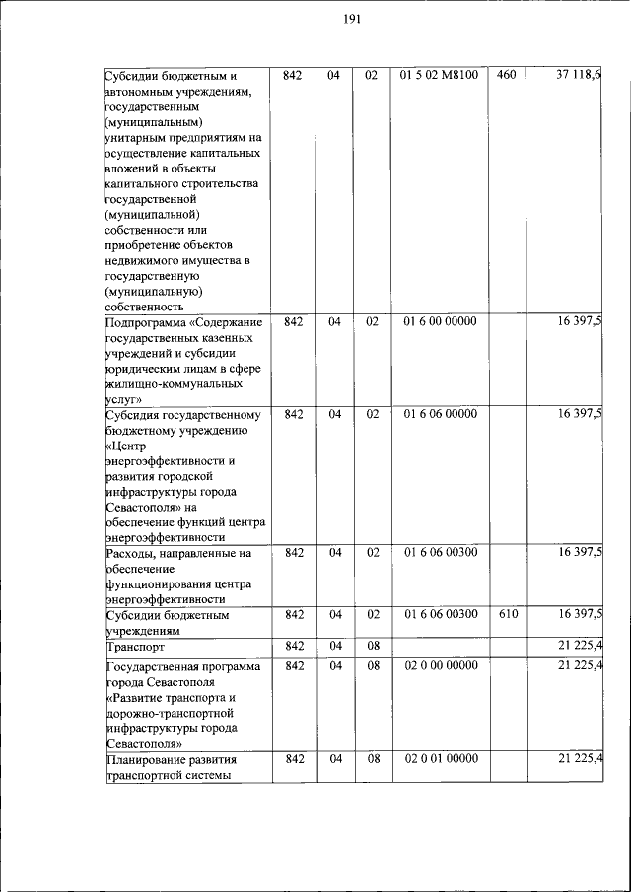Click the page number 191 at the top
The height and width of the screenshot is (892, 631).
point(353,19)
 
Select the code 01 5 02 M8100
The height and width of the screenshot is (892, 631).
point(440,75)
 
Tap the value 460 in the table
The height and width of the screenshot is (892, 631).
point(506,75)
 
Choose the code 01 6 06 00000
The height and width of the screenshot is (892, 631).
point(440,414)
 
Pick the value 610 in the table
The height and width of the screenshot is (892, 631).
point(506,614)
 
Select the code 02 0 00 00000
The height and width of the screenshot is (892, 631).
point(440,666)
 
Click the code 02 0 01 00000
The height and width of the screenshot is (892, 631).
point(440,758)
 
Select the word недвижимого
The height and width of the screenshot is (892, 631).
point(140,260)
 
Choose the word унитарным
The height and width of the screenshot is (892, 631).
point(135,138)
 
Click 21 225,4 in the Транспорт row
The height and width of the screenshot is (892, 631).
point(580,646)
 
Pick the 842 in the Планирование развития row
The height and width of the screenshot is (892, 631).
point(293,758)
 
